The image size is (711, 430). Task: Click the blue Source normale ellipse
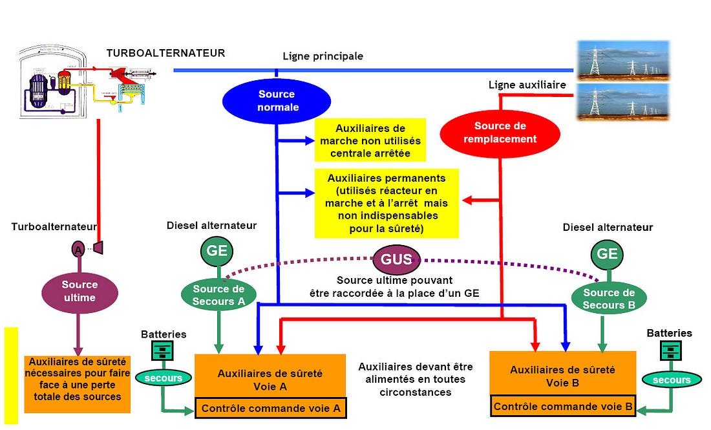(x=277, y=101)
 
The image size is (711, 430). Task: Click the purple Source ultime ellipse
(x=80, y=291)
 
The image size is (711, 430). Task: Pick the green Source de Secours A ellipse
(x=219, y=295)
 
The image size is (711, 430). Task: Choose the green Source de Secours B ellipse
(x=608, y=298)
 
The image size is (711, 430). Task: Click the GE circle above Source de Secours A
(x=217, y=251)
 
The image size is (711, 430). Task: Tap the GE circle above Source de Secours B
(x=607, y=253)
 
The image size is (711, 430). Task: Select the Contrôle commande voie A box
(x=271, y=409)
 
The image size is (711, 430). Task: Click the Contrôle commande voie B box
(x=562, y=407)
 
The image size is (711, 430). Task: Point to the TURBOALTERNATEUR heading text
(x=165, y=53)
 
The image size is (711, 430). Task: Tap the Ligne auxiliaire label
(x=527, y=85)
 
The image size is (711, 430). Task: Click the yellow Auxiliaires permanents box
(x=387, y=202)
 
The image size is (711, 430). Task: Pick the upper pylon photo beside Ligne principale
(x=622, y=60)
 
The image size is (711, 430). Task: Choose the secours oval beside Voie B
(x=671, y=380)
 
